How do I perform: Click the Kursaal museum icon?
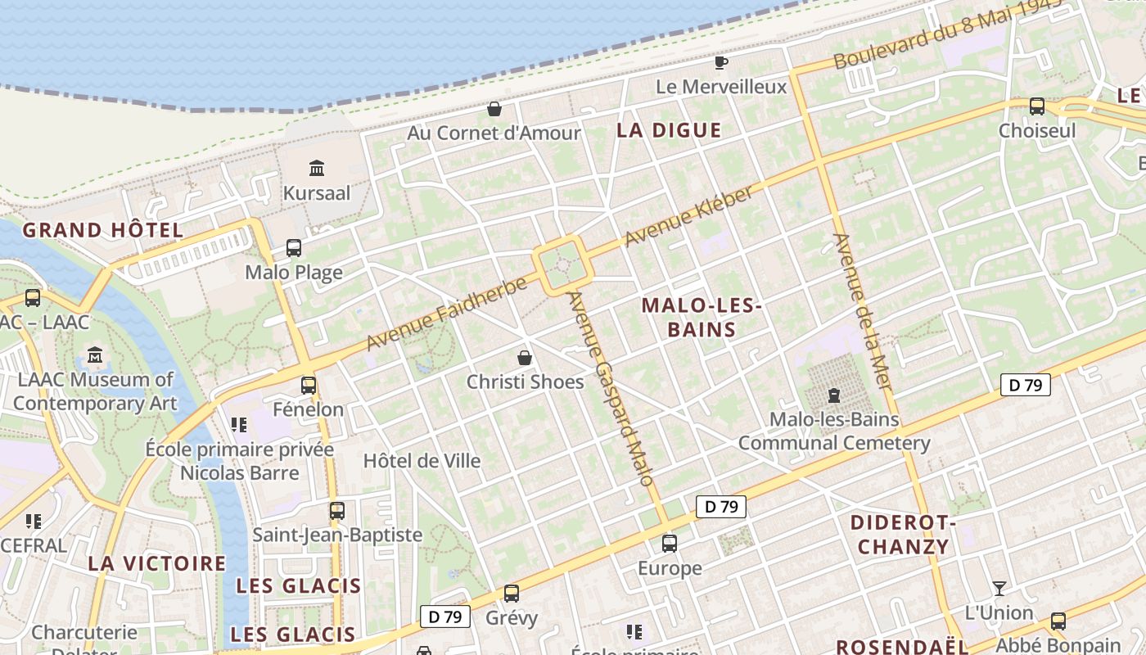pyautogui.click(x=317, y=169)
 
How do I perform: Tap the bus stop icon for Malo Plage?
pyautogui.click(x=293, y=247)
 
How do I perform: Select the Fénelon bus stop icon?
pyautogui.click(x=309, y=384)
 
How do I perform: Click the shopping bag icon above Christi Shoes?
pyautogui.click(x=525, y=358)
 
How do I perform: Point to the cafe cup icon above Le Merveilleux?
pyautogui.click(x=721, y=62)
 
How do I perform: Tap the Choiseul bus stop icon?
pyautogui.click(x=1037, y=106)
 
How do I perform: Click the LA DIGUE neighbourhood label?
pyautogui.click(x=669, y=130)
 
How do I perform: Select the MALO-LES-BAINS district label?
pyautogui.click(x=702, y=318)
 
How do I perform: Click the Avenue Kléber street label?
pyautogui.click(x=688, y=216)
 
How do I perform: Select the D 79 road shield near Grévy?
pyautogui.click(x=445, y=617)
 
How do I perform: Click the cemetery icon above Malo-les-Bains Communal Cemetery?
pyautogui.click(x=834, y=395)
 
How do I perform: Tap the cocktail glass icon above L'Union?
pyautogui.click(x=999, y=588)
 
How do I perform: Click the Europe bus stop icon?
pyautogui.click(x=670, y=543)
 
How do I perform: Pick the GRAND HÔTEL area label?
pyautogui.click(x=103, y=230)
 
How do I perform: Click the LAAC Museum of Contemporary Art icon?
pyautogui.click(x=96, y=355)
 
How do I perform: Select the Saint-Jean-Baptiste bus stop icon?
pyautogui.click(x=336, y=510)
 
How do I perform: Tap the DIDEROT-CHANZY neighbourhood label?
pyautogui.click(x=903, y=535)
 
